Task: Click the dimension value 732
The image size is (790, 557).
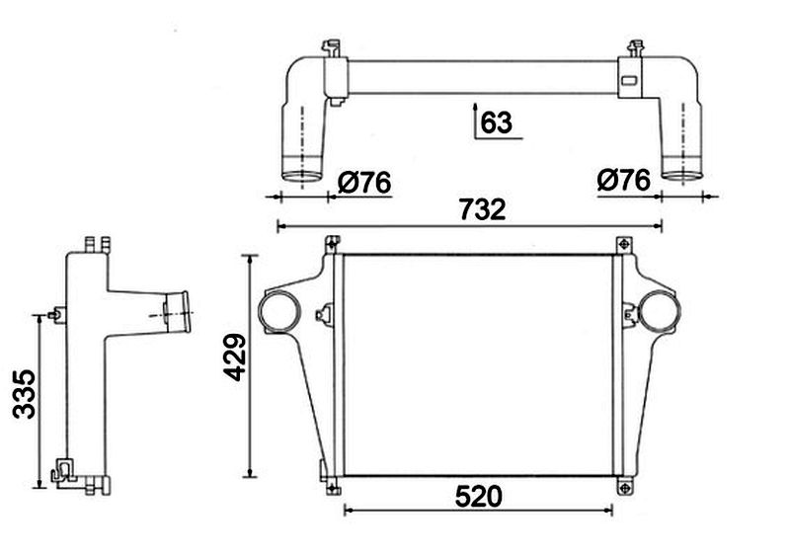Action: [482, 209]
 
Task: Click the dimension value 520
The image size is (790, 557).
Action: [478, 497]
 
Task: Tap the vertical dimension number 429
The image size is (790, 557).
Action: [235, 357]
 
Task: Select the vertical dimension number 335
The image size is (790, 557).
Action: [24, 394]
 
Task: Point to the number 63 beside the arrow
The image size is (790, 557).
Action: [496, 122]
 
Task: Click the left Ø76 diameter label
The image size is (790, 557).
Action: [364, 182]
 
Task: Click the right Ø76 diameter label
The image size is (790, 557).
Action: [624, 180]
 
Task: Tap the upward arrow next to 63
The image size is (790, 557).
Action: [475, 119]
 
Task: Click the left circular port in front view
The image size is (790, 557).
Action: [279, 312]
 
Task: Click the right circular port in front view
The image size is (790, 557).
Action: [659, 312]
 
